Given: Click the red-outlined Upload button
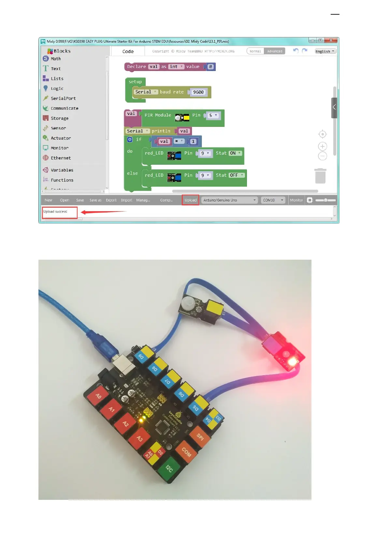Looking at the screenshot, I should click(191, 200).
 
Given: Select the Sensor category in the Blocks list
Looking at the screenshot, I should click(58, 128).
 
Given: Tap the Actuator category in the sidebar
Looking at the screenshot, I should click(61, 138).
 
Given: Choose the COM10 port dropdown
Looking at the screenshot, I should click(273, 200).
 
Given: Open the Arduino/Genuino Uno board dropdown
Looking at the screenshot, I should click(229, 200).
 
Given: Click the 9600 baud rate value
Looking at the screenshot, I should click(198, 92).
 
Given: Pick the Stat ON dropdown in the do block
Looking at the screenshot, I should click(235, 153).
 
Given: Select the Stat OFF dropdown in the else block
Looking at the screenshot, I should click(237, 175).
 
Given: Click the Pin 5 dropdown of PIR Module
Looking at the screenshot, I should click(213, 116).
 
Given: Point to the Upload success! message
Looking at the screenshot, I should click(55, 212).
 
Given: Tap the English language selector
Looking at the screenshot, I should click(325, 51).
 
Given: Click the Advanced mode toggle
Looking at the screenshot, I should click(275, 51).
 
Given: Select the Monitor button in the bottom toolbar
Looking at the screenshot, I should click(296, 200).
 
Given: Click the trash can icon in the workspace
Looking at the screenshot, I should click(320, 176).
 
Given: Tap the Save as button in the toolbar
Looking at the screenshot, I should click(95, 200).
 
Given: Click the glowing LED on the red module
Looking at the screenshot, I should click(292, 362).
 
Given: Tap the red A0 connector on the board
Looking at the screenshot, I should click(98, 396).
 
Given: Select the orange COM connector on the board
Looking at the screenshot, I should click(186, 452).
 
